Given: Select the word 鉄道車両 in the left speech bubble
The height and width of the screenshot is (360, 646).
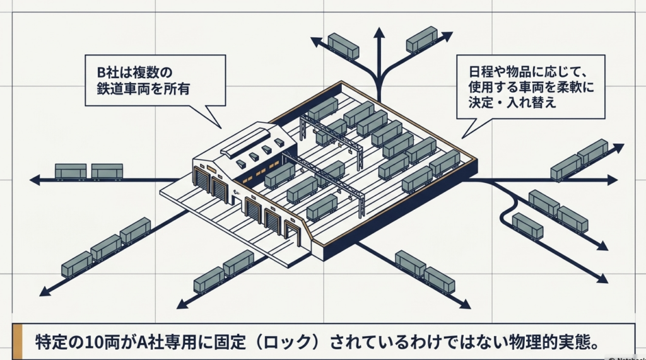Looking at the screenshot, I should [x=119, y=89].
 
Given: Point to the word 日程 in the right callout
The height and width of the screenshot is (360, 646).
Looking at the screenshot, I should [x=476, y=69].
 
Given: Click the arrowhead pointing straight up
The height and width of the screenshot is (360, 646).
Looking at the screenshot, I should [x=379, y=32].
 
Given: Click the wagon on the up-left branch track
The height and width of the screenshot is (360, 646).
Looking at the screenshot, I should [x=343, y=45].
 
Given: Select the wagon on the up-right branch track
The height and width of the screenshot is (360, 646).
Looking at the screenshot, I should [x=421, y=38].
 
